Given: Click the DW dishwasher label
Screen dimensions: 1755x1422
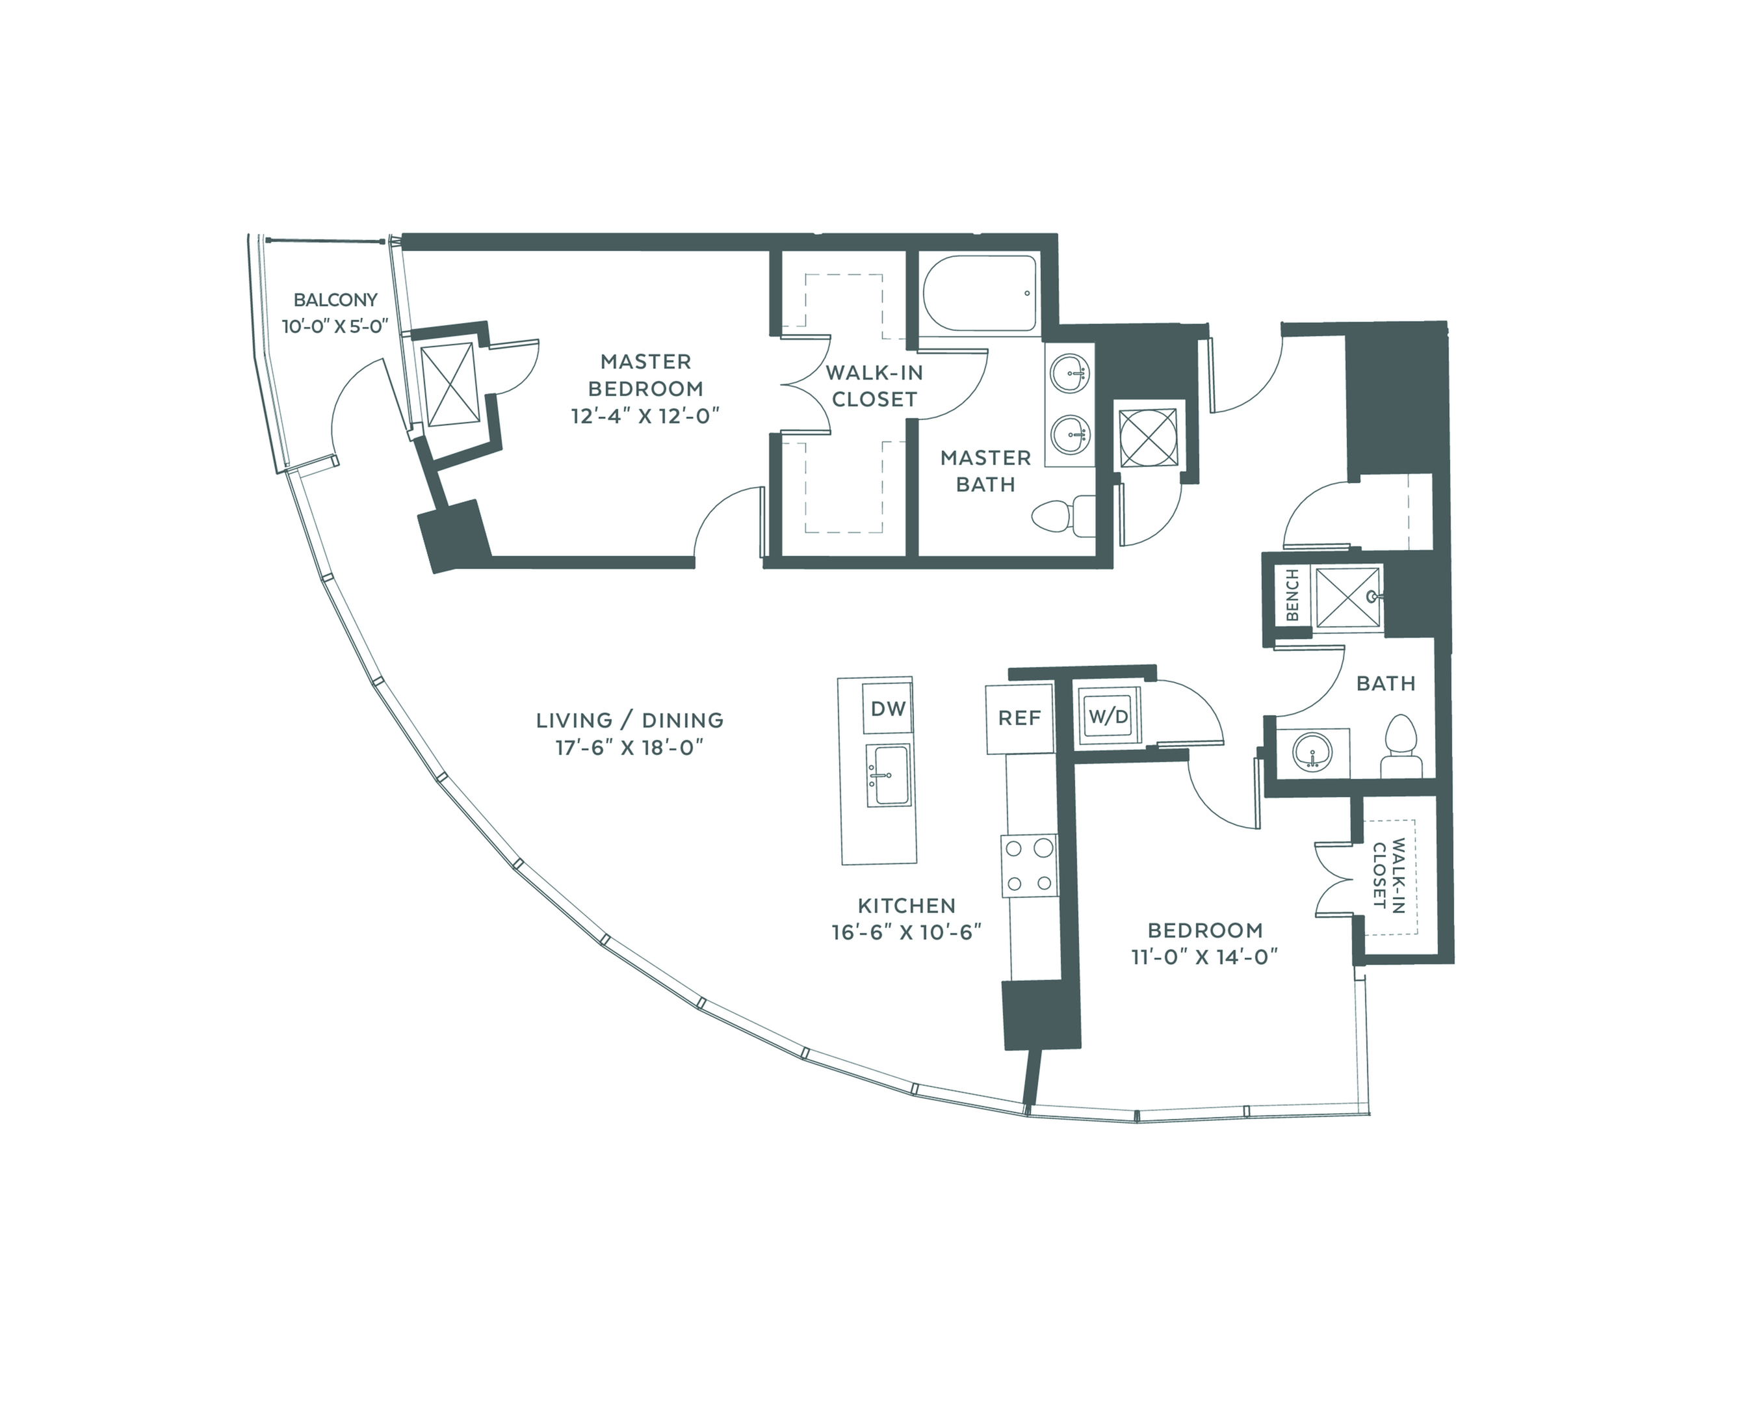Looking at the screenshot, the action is pyautogui.click(x=888, y=709).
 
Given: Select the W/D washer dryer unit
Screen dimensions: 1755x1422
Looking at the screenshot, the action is pyautogui.click(x=1108, y=717).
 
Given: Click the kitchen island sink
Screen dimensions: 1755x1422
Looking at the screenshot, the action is pyautogui.click(x=891, y=776).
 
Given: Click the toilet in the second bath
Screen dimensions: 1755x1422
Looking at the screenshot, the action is pyautogui.click(x=1401, y=746).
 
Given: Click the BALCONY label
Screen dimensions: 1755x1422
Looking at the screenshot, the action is pyautogui.click(x=336, y=300).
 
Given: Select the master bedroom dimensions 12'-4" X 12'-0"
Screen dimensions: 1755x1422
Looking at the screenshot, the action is pyautogui.click(x=645, y=416).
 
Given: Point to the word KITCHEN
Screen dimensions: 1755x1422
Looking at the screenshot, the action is pyautogui.click(x=907, y=906).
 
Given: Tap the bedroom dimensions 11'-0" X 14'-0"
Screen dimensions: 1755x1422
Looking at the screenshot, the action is pyautogui.click(x=1204, y=956).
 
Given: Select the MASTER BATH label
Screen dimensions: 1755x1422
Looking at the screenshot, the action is pyautogui.click(x=985, y=471).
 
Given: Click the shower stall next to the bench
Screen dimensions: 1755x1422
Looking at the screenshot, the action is pyautogui.click(x=1348, y=599).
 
